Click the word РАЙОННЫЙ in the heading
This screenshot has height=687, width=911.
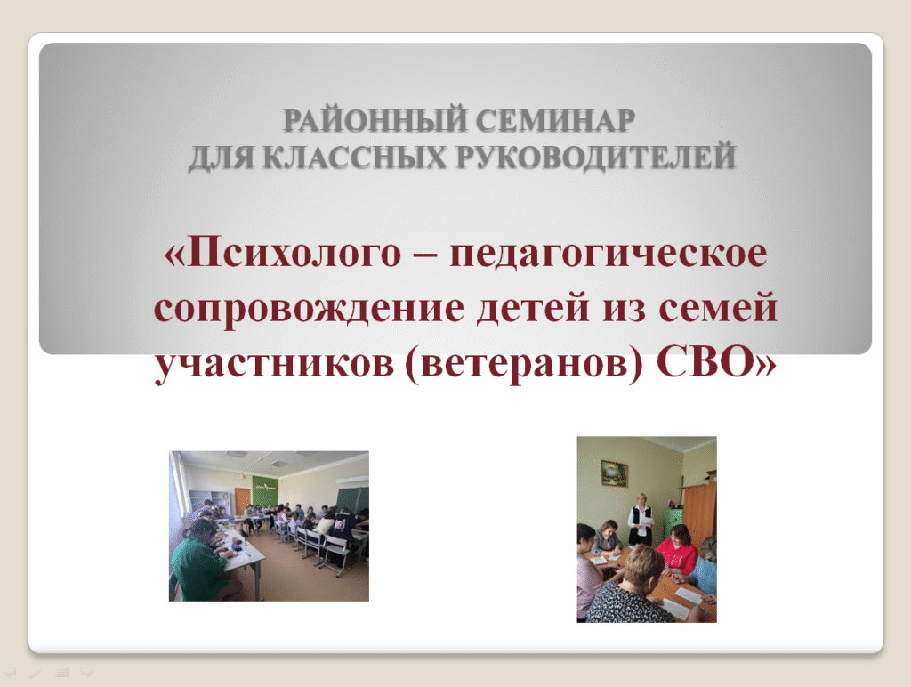coord(375,120)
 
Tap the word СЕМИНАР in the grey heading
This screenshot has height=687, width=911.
coord(555,120)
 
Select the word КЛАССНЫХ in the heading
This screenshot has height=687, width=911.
coord(354,157)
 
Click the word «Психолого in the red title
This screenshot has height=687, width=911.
coord(282,253)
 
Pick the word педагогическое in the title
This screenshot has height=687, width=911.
coord(609,255)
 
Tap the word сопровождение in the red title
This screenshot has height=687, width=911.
coord(309,309)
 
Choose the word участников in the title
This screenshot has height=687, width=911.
coord(274,365)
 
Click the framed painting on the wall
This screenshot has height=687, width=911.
coord(614,473)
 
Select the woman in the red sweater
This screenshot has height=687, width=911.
coord(676,549)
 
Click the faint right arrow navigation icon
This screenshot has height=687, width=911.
coord(87,672)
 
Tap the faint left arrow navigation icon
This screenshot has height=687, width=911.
coord(10,672)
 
